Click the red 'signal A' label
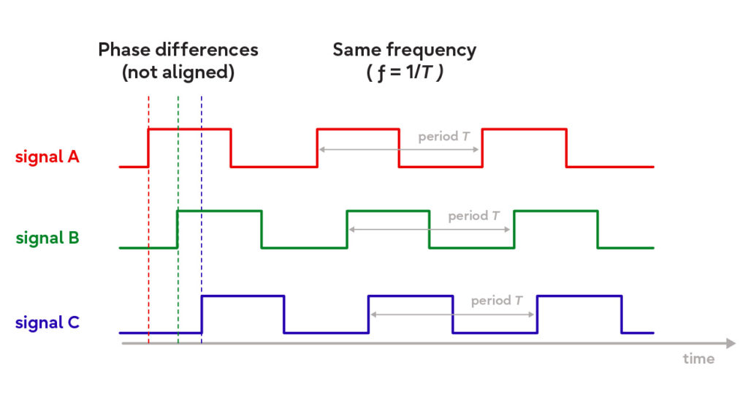coord(47,156)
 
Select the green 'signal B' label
coord(47,238)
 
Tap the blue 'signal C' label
coord(47,323)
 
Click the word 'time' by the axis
coord(698,358)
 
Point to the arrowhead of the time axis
coord(730,342)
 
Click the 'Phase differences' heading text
coord(178,50)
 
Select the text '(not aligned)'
coord(178,73)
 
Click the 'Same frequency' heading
coord(404,50)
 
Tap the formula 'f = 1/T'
coord(404,73)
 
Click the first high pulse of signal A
coord(190,129)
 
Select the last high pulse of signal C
coord(579,296)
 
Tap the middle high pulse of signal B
coord(388,211)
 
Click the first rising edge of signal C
coord(202,315)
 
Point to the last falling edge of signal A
coord(567,148)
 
